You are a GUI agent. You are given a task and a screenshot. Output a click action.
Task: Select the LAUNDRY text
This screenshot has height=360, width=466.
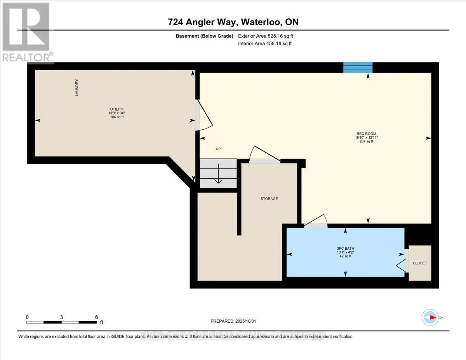point(77,88)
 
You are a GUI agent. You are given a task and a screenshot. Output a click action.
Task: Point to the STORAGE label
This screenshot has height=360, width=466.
point(269,198)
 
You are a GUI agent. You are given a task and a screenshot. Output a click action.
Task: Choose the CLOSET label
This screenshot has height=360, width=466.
point(420,263)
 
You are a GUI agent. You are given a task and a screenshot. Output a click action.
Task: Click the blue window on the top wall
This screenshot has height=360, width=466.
point(358,68)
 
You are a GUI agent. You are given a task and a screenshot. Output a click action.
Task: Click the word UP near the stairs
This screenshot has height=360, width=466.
point(218,149)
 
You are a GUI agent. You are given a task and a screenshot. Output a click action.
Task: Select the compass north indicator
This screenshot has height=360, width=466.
point(431,317)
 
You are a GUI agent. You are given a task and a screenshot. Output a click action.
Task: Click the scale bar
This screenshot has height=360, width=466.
point(62,322)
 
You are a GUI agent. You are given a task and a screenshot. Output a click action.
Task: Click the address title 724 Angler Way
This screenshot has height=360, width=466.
point(233,22)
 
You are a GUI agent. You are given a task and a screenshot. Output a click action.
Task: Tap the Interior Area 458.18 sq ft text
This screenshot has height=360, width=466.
point(264,43)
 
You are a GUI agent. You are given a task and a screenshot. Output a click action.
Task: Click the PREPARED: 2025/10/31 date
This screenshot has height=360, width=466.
point(233,321)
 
